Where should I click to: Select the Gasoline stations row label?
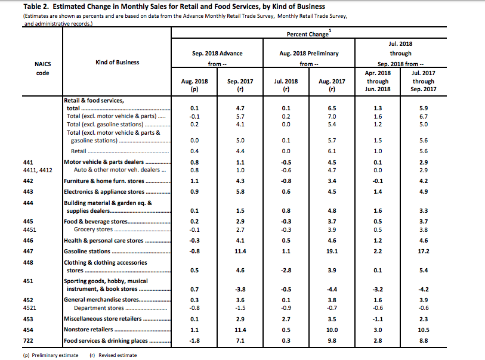coord(86,252)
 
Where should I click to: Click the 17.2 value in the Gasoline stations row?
coord(424,252)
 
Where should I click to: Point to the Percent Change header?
coord(307,34)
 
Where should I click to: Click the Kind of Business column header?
coord(117,62)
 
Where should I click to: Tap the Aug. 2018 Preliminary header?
coord(308,53)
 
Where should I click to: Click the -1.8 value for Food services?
coord(194,341)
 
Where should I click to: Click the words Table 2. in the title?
coord(20,7)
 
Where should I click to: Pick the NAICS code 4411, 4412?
coord(38,170)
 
